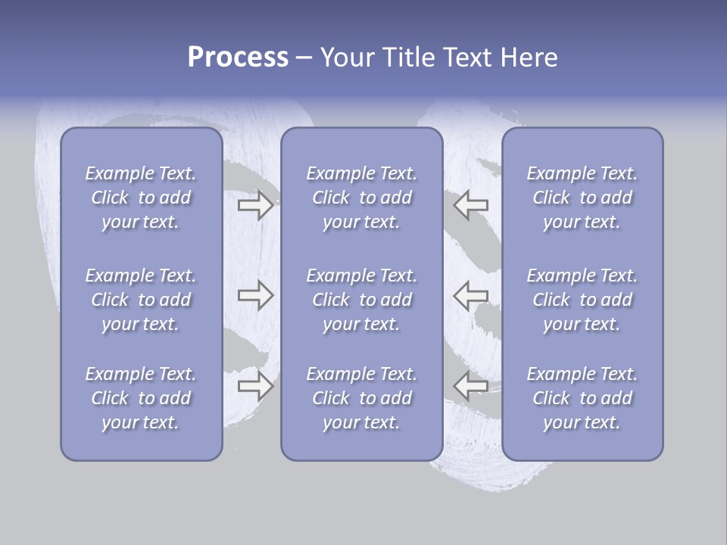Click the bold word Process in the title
point(238,58)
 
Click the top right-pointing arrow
point(256,205)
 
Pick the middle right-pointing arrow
point(256,295)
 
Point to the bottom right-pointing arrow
point(256,386)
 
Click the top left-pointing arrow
point(470,205)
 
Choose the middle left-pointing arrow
point(470,295)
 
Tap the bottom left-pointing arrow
point(470,386)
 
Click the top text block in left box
point(141,198)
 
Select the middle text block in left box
point(141,300)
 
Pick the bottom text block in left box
point(141,398)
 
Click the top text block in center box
point(362,198)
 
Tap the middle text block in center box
point(362,300)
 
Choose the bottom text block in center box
point(362,398)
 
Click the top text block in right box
point(582,198)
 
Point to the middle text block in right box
point(582,300)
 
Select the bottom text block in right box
point(582,398)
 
